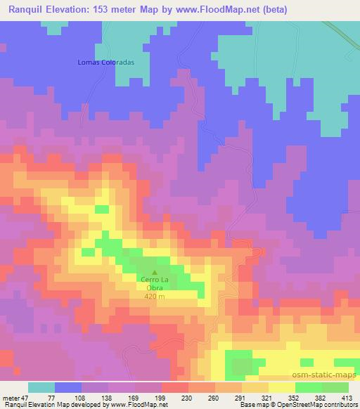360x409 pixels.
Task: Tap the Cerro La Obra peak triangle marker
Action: click(155, 273)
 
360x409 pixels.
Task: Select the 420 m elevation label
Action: click(154, 297)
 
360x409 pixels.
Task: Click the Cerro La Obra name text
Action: click(154, 285)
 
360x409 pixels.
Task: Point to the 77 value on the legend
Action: click(51, 397)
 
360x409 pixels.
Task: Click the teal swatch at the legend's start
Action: click(41, 387)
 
